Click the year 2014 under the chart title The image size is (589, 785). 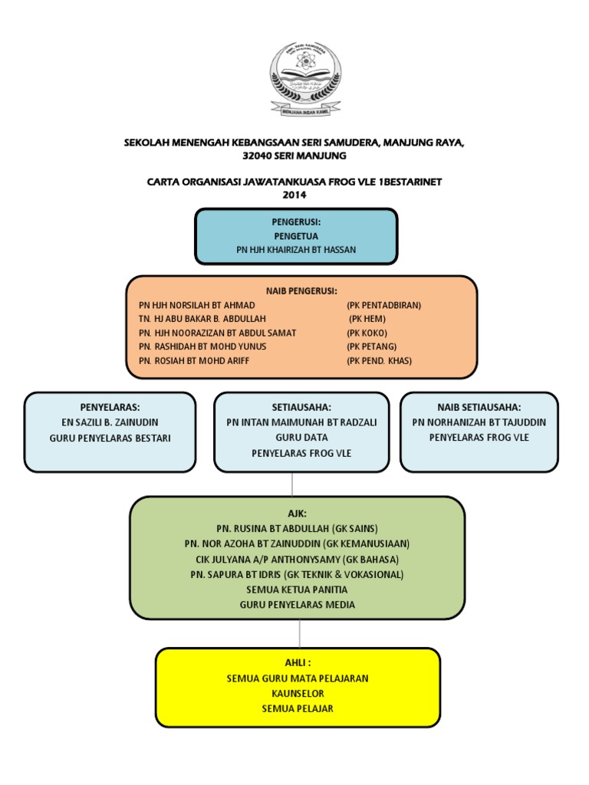click(294, 195)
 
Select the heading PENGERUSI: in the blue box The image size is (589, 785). click(295, 222)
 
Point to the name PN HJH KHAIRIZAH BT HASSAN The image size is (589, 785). click(296, 250)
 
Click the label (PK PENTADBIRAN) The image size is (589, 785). click(383, 304)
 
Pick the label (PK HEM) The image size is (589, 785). click(367, 318)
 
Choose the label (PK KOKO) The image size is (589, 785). click(367, 333)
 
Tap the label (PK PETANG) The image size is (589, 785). click(371, 347)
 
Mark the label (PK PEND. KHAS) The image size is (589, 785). click(379, 360)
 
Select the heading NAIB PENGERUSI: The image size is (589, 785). click(301, 291)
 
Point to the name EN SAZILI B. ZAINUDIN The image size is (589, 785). click(110, 422)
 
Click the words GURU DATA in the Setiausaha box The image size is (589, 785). click(296, 438)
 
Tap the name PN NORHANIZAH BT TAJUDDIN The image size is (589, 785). click(479, 422)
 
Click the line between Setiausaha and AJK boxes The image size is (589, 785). click(291, 484)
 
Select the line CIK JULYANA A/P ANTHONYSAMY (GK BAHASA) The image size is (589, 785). click(297, 559)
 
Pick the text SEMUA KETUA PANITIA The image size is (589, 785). click(297, 590)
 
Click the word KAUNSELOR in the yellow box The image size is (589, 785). click(297, 693)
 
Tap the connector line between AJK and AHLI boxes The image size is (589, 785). click(299, 634)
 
